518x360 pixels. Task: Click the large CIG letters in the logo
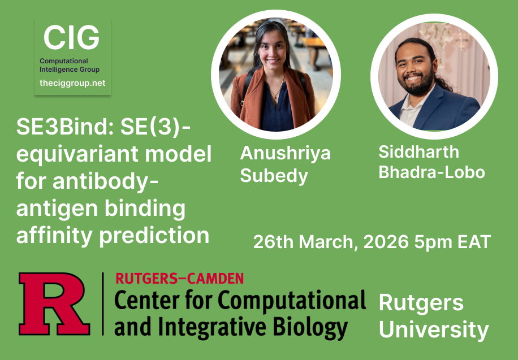(x=72, y=38)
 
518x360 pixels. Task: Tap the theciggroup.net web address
(x=72, y=83)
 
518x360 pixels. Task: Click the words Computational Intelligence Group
(x=70, y=65)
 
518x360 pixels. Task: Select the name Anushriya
(x=285, y=153)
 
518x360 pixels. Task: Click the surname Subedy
(x=274, y=176)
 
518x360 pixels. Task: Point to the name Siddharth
(x=418, y=151)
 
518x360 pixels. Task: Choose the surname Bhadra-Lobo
(x=431, y=172)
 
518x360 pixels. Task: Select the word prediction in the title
(x=154, y=235)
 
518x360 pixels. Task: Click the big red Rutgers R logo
(x=54, y=305)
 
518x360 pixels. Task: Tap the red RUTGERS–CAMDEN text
(x=179, y=278)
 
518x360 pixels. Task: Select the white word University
(x=433, y=329)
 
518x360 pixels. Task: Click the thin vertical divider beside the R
(x=102, y=304)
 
